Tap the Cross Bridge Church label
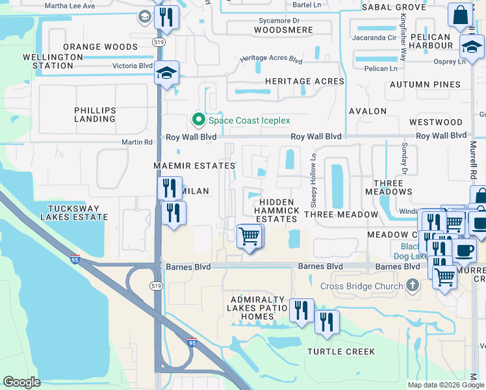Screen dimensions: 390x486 [x=361, y=286]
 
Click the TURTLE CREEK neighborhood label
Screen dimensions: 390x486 [x=341, y=352]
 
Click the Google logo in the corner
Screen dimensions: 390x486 [x=21, y=382]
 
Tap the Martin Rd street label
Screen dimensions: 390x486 [x=136, y=142]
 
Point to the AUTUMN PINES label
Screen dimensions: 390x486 [x=425, y=84]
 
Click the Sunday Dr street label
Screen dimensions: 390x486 [x=404, y=159]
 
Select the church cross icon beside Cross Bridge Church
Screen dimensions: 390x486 [x=411, y=285]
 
